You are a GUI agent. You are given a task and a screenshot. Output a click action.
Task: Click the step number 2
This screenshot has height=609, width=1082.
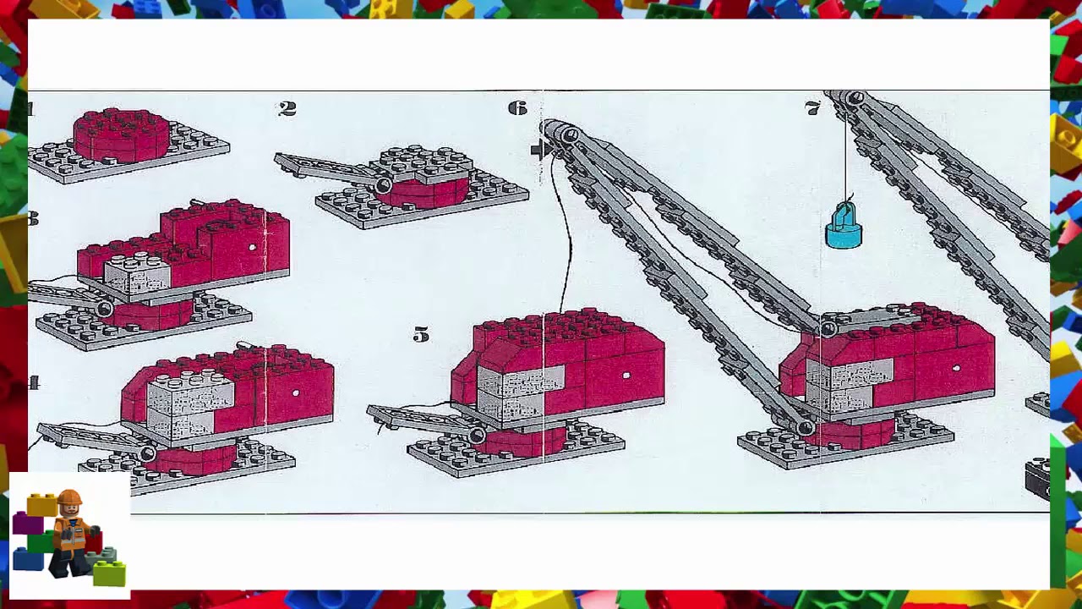[x=287, y=109]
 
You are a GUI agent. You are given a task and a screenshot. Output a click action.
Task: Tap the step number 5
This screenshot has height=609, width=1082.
[x=421, y=336]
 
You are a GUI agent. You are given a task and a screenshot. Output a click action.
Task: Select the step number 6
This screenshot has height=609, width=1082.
[x=517, y=108]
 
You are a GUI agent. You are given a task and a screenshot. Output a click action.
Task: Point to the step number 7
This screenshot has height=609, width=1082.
[x=812, y=108]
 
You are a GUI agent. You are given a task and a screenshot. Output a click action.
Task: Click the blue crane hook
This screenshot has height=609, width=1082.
[x=843, y=228]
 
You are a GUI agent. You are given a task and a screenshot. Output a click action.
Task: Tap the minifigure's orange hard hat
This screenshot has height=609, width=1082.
[x=69, y=498]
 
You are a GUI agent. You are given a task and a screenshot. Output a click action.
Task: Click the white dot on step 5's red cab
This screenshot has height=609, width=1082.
[x=626, y=376]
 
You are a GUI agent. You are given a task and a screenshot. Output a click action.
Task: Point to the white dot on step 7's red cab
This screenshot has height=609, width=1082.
[x=956, y=368]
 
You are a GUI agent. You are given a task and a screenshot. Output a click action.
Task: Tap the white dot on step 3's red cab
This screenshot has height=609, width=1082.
[x=252, y=248]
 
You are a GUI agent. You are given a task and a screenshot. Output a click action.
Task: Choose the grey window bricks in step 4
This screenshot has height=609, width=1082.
[x=179, y=408]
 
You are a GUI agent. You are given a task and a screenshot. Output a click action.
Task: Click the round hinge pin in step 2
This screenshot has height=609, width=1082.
[x=383, y=185]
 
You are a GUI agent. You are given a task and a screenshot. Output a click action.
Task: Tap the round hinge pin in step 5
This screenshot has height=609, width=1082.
[x=477, y=436]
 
